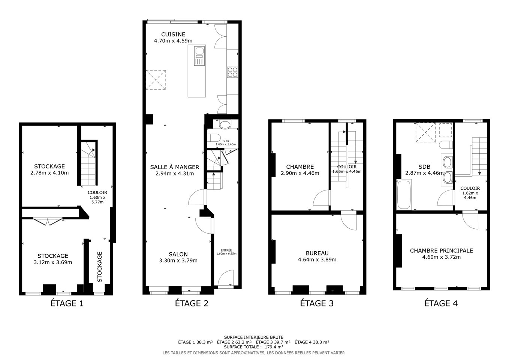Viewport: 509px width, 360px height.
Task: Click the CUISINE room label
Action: [x=173, y=34]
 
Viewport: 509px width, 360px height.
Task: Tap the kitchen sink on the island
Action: [x=199, y=56]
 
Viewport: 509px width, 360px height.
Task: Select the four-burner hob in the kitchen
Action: [x=232, y=72]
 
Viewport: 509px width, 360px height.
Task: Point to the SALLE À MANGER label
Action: [x=175, y=167]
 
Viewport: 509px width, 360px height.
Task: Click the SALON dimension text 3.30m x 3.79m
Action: [x=178, y=261]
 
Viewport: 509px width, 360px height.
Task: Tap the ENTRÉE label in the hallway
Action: [x=226, y=250]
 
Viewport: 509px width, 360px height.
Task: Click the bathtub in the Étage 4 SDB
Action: [x=404, y=195]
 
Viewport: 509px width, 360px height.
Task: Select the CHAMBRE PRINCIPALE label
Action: [x=442, y=250]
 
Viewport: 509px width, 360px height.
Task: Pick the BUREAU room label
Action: [x=317, y=253]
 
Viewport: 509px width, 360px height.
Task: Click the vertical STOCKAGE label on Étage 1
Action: [x=100, y=267]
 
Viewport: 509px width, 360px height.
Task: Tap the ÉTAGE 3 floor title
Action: [x=317, y=303]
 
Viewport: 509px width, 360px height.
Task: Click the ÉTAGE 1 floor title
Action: [x=67, y=303]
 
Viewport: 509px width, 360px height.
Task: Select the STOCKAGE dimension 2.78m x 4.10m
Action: [x=49, y=173]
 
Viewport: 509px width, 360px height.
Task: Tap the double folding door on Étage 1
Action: [x=48, y=221]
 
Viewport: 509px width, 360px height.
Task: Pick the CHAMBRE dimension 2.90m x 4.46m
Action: [x=300, y=173]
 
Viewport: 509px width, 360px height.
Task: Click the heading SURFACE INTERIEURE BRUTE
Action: [x=254, y=337]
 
